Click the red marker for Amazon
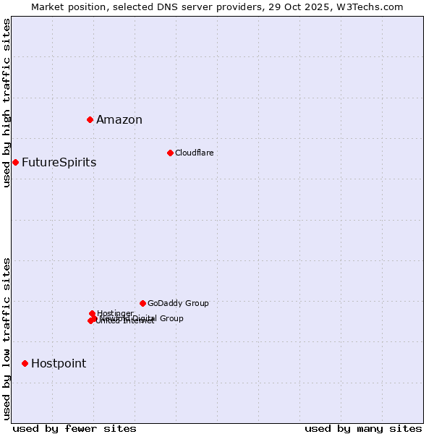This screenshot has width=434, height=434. [90, 119]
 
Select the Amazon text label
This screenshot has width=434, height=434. [119, 120]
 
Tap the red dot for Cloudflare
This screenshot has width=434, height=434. [170, 153]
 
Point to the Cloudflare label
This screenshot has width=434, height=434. [194, 153]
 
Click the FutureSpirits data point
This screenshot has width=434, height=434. [15, 162]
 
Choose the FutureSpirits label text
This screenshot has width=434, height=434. [59, 162]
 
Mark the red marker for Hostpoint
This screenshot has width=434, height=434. [25, 363]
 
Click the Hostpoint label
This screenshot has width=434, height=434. [58, 363]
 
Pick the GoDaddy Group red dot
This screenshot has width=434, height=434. [142, 303]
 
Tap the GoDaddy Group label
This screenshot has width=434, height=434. [178, 303]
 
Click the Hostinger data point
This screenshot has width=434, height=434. [92, 313]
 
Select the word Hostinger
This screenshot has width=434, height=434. [116, 312]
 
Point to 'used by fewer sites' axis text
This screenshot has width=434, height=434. [75, 428]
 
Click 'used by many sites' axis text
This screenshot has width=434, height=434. [363, 428]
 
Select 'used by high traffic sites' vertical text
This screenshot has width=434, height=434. [7, 103]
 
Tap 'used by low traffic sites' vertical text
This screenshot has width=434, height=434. [7, 339]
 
